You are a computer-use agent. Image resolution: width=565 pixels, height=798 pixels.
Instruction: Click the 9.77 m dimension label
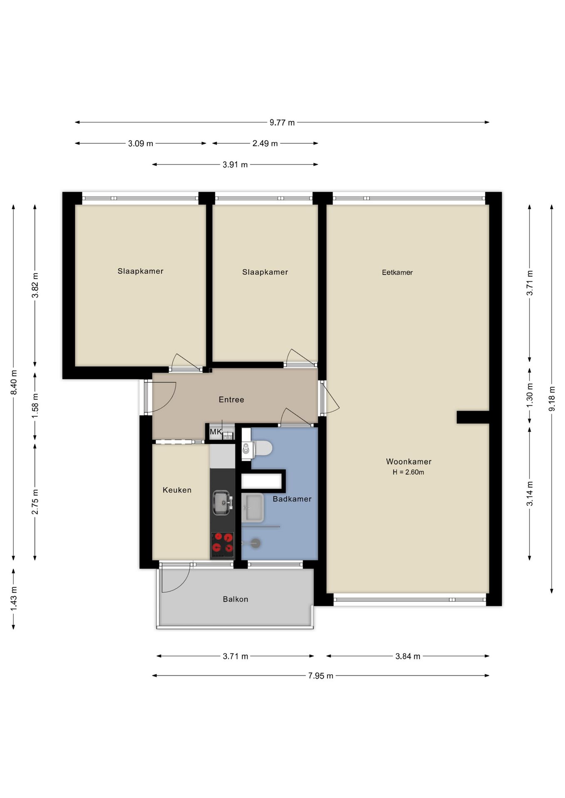tap(282, 122)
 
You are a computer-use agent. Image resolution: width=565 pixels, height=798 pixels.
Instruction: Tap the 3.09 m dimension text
tap(141, 143)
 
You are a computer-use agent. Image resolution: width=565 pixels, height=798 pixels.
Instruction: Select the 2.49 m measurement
tap(265, 143)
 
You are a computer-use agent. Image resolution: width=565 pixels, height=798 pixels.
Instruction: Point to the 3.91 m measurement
tap(235, 165)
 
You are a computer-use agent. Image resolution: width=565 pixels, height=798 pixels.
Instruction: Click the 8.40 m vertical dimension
tap(14, 382)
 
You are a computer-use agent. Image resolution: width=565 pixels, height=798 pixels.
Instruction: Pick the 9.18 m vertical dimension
tap(552, 399)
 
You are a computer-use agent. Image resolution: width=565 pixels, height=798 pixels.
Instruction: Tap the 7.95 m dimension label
tap(321, 675)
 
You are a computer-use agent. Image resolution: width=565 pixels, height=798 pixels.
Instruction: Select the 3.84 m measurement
tap(408, 656)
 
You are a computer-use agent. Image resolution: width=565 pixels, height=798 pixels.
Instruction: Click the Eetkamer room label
tap(397, 272)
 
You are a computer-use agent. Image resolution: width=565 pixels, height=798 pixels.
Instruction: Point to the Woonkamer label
tap(409, 461)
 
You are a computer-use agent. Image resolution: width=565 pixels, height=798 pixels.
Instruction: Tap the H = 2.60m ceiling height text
tap(409, 472)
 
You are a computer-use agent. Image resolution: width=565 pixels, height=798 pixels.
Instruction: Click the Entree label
tap(231, 399)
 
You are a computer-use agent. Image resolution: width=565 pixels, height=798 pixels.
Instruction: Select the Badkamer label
tap(292, 499)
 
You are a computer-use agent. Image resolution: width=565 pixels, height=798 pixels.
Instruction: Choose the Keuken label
tap(177, 490)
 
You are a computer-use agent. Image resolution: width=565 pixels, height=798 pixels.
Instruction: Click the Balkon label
tap(235, 599)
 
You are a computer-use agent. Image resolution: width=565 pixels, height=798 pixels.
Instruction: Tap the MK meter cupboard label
tap(216, 432)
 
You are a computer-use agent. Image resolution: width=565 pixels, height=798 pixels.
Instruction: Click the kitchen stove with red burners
tap(222, 544)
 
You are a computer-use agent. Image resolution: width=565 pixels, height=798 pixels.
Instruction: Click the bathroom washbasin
tap(252, 507)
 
